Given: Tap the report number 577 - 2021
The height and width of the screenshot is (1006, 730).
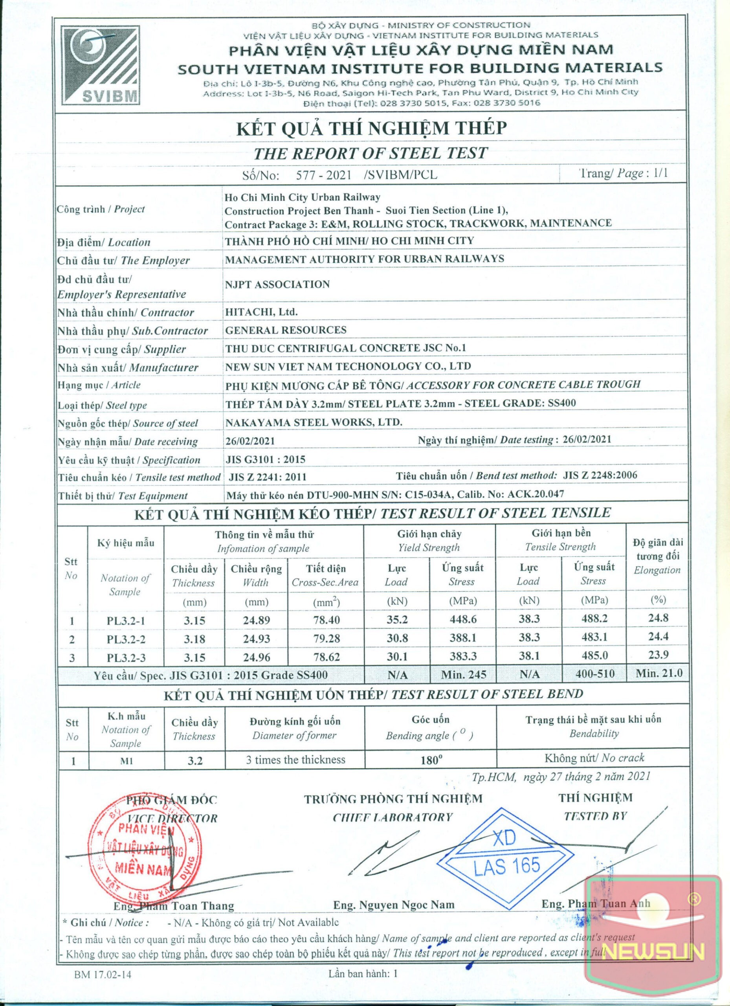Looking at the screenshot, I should click(x=324, y=175).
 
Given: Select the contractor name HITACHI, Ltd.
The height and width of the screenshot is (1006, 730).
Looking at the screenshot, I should click(x=261, y=312).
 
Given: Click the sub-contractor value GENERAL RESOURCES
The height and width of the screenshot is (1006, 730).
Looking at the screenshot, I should click(x=286, y=330).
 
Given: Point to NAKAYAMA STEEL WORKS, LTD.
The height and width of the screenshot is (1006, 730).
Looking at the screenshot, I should click(x=314, y=422).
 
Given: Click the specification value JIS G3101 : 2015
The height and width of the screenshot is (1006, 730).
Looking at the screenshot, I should click(x=265, y=459).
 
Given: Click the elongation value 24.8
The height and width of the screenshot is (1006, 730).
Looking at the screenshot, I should click(x=658, y=618).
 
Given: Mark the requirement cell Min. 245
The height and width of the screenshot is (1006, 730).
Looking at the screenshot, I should click(x=464, y=675).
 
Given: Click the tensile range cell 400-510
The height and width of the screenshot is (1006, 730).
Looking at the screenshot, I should click(x=593, y=674).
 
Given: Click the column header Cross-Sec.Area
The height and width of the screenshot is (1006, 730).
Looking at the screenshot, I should click(x=325, y=582).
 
